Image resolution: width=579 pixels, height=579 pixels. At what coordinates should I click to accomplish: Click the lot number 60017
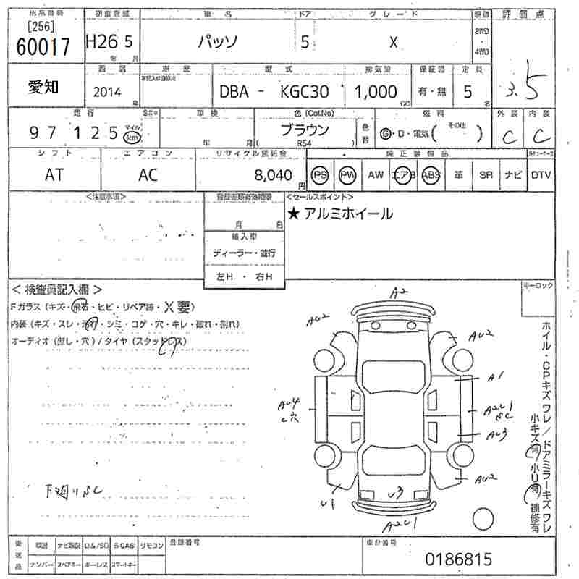click(43, 47)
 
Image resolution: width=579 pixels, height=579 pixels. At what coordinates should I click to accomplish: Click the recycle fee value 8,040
click(274, 174)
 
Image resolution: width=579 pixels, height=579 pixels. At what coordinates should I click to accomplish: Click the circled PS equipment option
click(318, 174)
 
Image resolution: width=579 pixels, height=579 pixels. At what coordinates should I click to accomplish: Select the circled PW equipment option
click(348, 174)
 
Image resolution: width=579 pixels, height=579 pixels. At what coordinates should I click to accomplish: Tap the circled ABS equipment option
click(431, 174)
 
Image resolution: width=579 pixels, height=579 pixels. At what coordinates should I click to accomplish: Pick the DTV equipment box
click(541, 174)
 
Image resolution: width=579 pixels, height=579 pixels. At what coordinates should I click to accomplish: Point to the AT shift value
click(54, 174)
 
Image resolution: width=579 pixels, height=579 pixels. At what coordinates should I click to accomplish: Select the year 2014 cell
click(109, 92)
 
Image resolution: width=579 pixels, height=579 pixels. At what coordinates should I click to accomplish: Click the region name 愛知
click(44, 87)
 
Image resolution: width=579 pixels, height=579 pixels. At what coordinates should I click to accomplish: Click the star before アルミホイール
click(293, 214)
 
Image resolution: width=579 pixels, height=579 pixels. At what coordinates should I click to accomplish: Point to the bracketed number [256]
click(43, 27)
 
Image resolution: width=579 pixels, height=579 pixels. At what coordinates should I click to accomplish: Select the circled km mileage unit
click(131, 137)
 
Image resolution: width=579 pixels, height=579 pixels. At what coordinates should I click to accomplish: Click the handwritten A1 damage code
click(495, 376)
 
